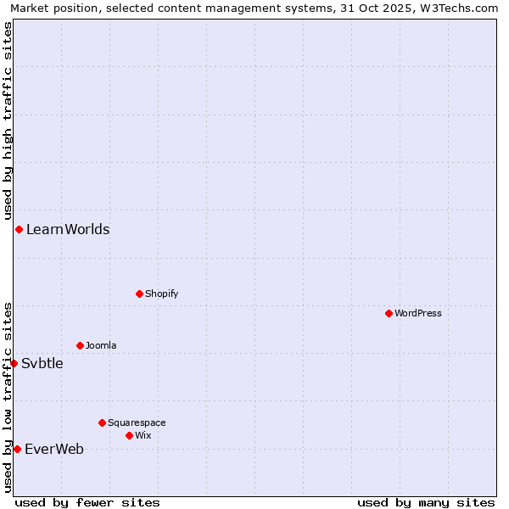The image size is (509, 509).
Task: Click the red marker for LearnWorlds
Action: click(x=19, y=229)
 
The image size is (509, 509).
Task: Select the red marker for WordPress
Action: click(x=389, y=313)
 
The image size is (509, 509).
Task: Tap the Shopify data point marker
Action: click(x=139, y=294)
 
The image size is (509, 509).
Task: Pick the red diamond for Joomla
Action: click(x=80, y=345)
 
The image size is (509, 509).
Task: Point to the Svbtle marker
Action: click(x=14, y=363)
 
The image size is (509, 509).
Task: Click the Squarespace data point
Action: click(x=102, y=422)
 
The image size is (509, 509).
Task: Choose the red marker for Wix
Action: click(x=129, y=435)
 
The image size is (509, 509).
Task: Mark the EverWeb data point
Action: click(x=17, y=449)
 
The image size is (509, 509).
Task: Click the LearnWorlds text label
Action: click(x=68, y=229)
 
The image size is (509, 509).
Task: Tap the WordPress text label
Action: click(x=418, y=313)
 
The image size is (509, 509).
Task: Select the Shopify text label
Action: click(x=162, y=294)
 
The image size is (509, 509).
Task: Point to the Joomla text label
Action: click(x=101, y=345)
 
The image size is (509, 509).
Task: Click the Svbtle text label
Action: click(x=42, y=363)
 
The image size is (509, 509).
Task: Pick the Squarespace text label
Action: click(x=137, y=422)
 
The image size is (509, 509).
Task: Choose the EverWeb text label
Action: click(x=54, y=449)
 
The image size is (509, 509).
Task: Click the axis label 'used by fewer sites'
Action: click(x=87, y=502)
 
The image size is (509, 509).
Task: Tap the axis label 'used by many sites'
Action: click(x=426, y=502)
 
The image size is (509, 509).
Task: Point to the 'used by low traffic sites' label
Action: click(x=8, y=396)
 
